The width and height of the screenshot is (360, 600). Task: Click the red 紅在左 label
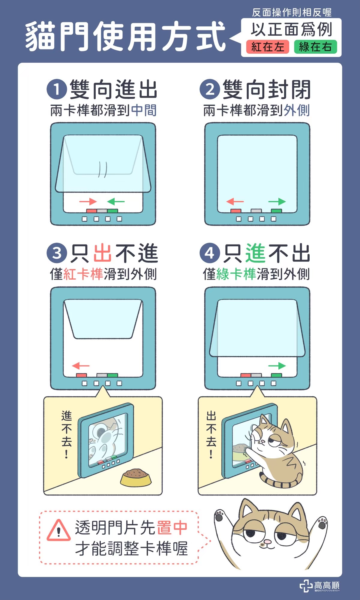pyautogui.click(x=268, y=47)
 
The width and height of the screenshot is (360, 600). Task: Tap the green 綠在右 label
pyautogui.click(x=316, y=47)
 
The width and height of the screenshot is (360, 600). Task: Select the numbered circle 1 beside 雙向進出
pyautogui.click(x=57, y=89)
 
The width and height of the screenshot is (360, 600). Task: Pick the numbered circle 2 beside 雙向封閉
pyautogui.click(x=210, y=89)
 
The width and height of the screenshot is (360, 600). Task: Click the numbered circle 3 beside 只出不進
pyautogui.click(x=57, y=253)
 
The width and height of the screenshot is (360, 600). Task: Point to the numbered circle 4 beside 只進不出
pyautogui.click(x=210, y=253)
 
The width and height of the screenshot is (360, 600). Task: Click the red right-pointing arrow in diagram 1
pyautogui.click(x=88, y=202)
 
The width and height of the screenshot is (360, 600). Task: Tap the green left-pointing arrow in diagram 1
pyautogui.click(x=116, y=202)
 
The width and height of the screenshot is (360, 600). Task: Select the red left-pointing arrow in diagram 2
pyautogui.click(x=235, y=202)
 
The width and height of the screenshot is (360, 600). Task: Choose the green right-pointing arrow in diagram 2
pyautogui.click(x=277, y=202)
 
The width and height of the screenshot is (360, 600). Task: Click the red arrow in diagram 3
pyautogui.click(x=81, y=366)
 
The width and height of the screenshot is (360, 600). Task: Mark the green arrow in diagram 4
pyautogui.click(x=277, y=366)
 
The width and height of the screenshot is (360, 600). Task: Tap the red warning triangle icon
pyautogui.click(x=59, y=531)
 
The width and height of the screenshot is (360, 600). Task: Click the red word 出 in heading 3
pyautogui.click(x=103, y=253)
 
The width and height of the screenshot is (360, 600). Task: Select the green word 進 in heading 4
pyautogui.click(x=256, y=253)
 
